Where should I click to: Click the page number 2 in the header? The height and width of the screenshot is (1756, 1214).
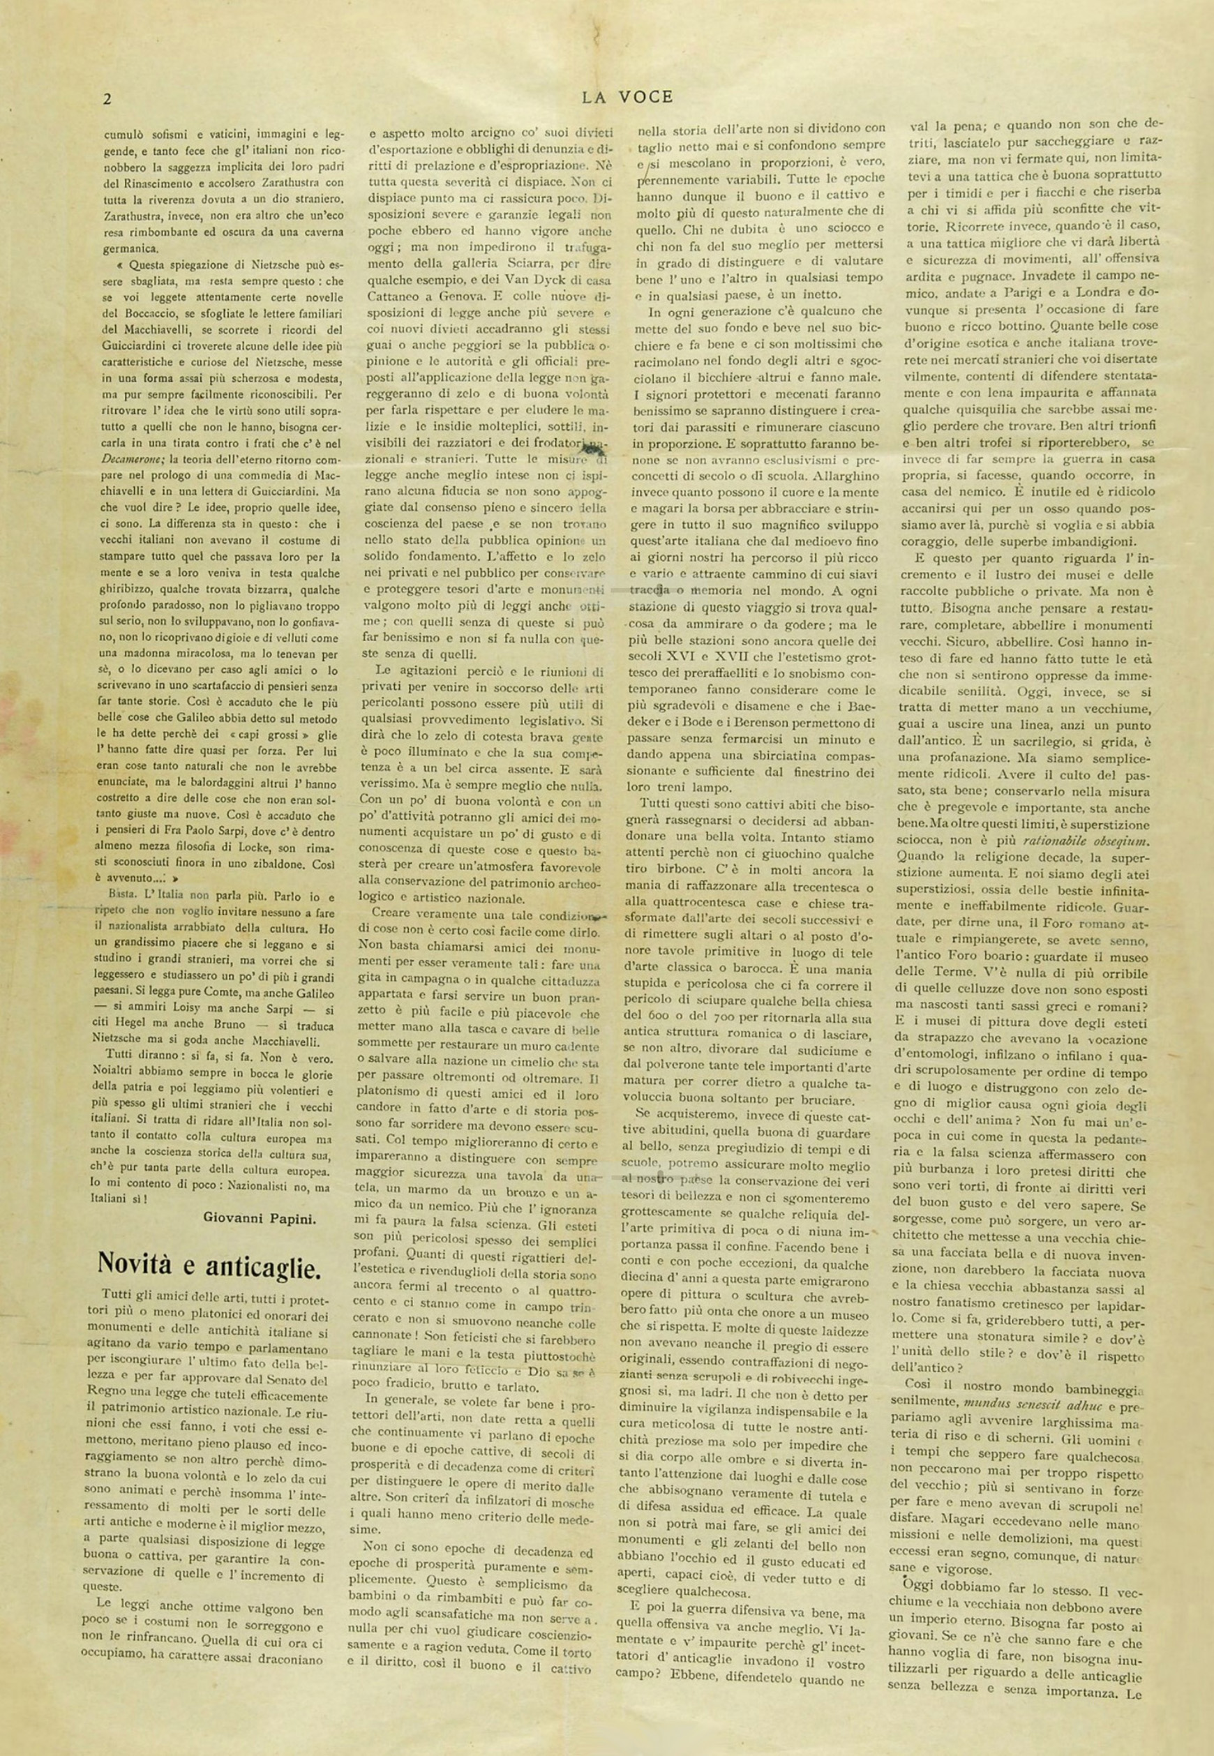point(108,98)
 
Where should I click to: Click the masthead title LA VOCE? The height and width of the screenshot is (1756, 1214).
point(627,96)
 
